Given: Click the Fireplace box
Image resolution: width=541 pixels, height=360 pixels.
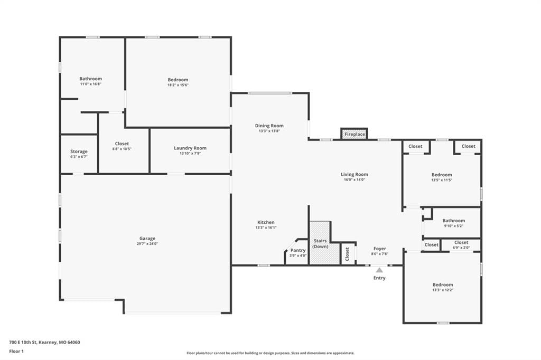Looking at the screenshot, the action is pyautogui.click(x=355, y=134).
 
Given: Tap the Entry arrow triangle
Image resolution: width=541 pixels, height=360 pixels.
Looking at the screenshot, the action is pyautogui.click(x=379, y=270).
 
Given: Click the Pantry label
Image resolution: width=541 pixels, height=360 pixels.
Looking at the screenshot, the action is pyautogui.click(x=298, y=250).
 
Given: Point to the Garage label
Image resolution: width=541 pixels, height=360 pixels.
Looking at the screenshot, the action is pyautogui.click(x=147, y=238).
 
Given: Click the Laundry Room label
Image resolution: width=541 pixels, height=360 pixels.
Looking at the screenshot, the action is pyautogui.click(x=190, y=148).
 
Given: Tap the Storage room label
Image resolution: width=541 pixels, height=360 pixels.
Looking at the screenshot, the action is pyautogui.click(x=79, y=151).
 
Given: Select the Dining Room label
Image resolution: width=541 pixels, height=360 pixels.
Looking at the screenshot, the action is pyautogui.click(x=269, y=126).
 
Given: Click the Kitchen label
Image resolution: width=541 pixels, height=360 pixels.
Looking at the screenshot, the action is pyautogui.click(x=266, y=222).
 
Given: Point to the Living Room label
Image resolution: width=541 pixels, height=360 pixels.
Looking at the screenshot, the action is pyautogui.click(x=355, y=174).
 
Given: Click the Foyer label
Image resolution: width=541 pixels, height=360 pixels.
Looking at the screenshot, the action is pyautogui.click(x=379, y=248).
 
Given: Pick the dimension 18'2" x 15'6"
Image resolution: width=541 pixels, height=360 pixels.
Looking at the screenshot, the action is pyautogui.click(x=178, y=85).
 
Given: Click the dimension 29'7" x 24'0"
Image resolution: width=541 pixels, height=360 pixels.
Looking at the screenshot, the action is pyautogui.click(x=147, y=243).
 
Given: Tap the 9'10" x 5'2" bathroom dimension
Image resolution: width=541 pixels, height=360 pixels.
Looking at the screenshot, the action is pyautogui.click(x=454, y=226).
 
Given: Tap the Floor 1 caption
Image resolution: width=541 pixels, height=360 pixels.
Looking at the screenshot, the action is pyautogui.click(x=16, y=352).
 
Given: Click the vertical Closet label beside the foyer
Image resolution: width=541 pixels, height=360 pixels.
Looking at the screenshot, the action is pyautogui.click(x=347, y=254).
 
